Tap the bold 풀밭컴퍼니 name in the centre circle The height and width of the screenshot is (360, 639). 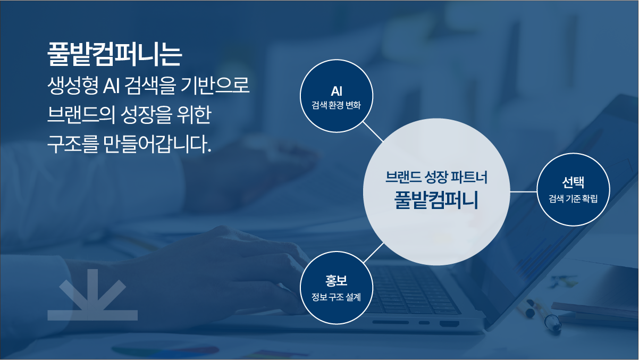[436, 200]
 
